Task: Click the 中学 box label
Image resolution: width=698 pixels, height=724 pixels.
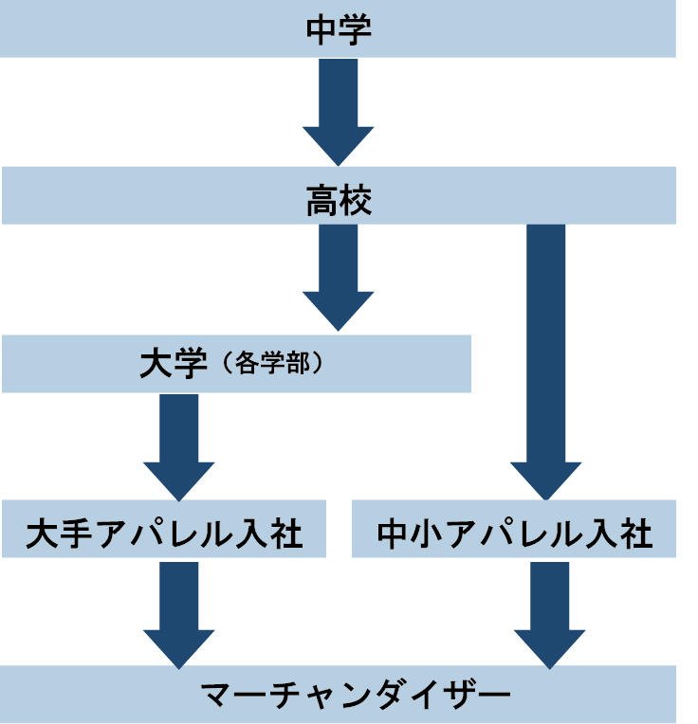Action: tap(339, 29)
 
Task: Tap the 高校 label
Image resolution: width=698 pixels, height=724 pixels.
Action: tap(339, 201)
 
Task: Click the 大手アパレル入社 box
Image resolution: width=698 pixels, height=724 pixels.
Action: tap(164, 534)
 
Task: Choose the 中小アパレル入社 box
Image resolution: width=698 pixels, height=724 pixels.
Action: tap(514, 534)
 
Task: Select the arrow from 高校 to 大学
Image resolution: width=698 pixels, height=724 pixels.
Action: tap(339, 275)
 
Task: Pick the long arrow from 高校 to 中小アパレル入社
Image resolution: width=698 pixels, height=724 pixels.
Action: tap(545, 360)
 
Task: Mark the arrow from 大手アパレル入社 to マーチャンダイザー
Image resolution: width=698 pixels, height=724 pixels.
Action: tap(178, 611)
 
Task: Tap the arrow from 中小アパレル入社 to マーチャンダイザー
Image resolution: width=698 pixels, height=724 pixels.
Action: tap(549, 611)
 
